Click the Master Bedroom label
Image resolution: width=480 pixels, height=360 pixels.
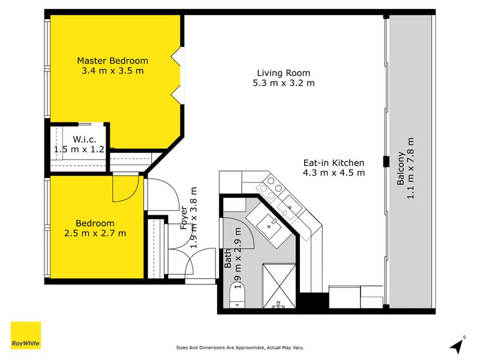pos(113,61)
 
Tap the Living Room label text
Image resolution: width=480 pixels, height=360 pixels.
pos(283,73)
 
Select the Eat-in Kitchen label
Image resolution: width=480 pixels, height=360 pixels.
pos(334,163)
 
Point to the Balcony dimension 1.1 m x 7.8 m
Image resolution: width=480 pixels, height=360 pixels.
pos(410,168)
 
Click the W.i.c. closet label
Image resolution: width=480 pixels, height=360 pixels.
pos(85,140)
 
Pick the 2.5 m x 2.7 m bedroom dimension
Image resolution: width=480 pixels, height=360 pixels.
pos(95,233)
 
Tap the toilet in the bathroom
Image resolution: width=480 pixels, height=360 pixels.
pos(238,295)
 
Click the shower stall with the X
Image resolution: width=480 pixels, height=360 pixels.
pos(279,286)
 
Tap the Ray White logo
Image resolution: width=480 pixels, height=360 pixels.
pos(26,335)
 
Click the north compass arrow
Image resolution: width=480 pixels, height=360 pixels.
pos(457,346)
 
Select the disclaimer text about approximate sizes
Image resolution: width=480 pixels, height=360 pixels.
pos(239,347)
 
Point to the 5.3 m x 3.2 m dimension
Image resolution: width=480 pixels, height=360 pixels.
pos(283,83)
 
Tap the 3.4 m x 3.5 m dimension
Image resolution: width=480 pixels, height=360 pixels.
pos(113,71)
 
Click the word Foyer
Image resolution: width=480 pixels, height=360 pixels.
pos(184,218)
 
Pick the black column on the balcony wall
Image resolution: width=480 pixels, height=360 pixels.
pos(386,161)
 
